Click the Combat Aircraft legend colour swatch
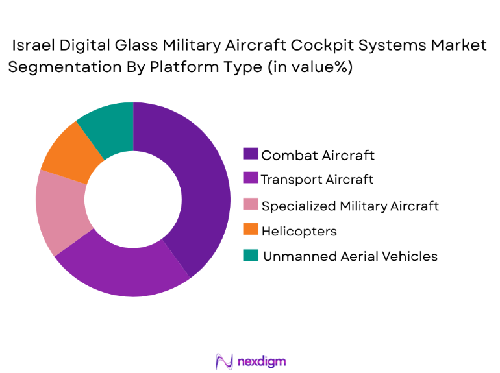(x=250, y=154)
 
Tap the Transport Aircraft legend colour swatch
(x=250, y=179)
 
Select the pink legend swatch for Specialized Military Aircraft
(x=250, y=205)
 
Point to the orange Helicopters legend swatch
(x=250, y=230)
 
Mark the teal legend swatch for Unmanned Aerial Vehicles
(x=250, y=256)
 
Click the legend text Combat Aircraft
(x=318, y=154)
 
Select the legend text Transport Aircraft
(x=317, y=179)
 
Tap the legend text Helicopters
(x=299, y=230)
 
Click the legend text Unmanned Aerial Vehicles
(x=350, y=256)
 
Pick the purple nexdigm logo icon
(x=224, y=361)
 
